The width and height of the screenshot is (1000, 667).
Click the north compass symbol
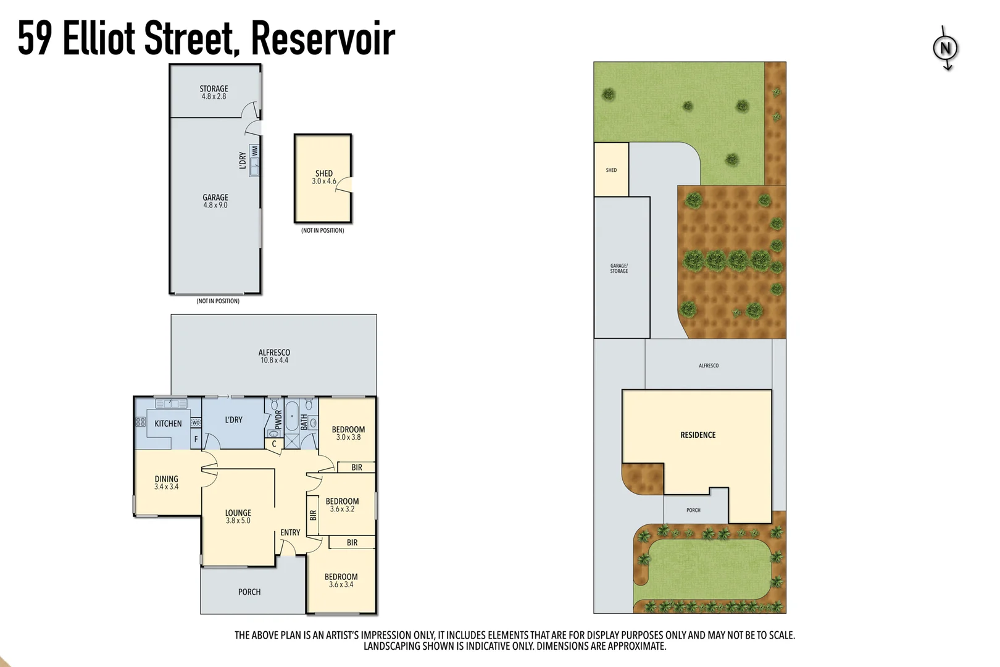pos(945,48)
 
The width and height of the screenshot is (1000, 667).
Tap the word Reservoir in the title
pos(323,38)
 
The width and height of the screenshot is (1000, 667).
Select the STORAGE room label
pos(214,93)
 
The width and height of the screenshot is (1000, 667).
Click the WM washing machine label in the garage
pos(255,151)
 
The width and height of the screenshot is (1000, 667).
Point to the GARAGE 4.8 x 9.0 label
pos(215,201)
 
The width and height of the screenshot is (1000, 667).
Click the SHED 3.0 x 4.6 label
pos(324,177)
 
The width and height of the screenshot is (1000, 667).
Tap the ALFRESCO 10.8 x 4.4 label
pos(274,356)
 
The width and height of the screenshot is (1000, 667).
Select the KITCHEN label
pos(168,424)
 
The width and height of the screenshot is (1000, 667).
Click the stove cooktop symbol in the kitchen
pos(141,422)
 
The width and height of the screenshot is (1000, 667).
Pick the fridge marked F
pos(196,439)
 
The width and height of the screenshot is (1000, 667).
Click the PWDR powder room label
pos(278,419)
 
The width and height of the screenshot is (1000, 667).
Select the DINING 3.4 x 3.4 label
pos(167,482)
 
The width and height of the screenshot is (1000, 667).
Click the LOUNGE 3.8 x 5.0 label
pos(238,516)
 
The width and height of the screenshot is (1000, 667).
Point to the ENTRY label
pos(290,532)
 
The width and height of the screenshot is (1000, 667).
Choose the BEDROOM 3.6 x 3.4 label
pos(341,581)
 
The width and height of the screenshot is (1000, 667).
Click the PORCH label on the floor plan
pos(249,592)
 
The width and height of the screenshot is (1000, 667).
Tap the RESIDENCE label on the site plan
pos(698,435)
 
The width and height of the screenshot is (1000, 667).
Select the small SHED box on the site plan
pos(611,170)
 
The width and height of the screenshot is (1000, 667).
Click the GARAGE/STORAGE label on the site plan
pos(619,268)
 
